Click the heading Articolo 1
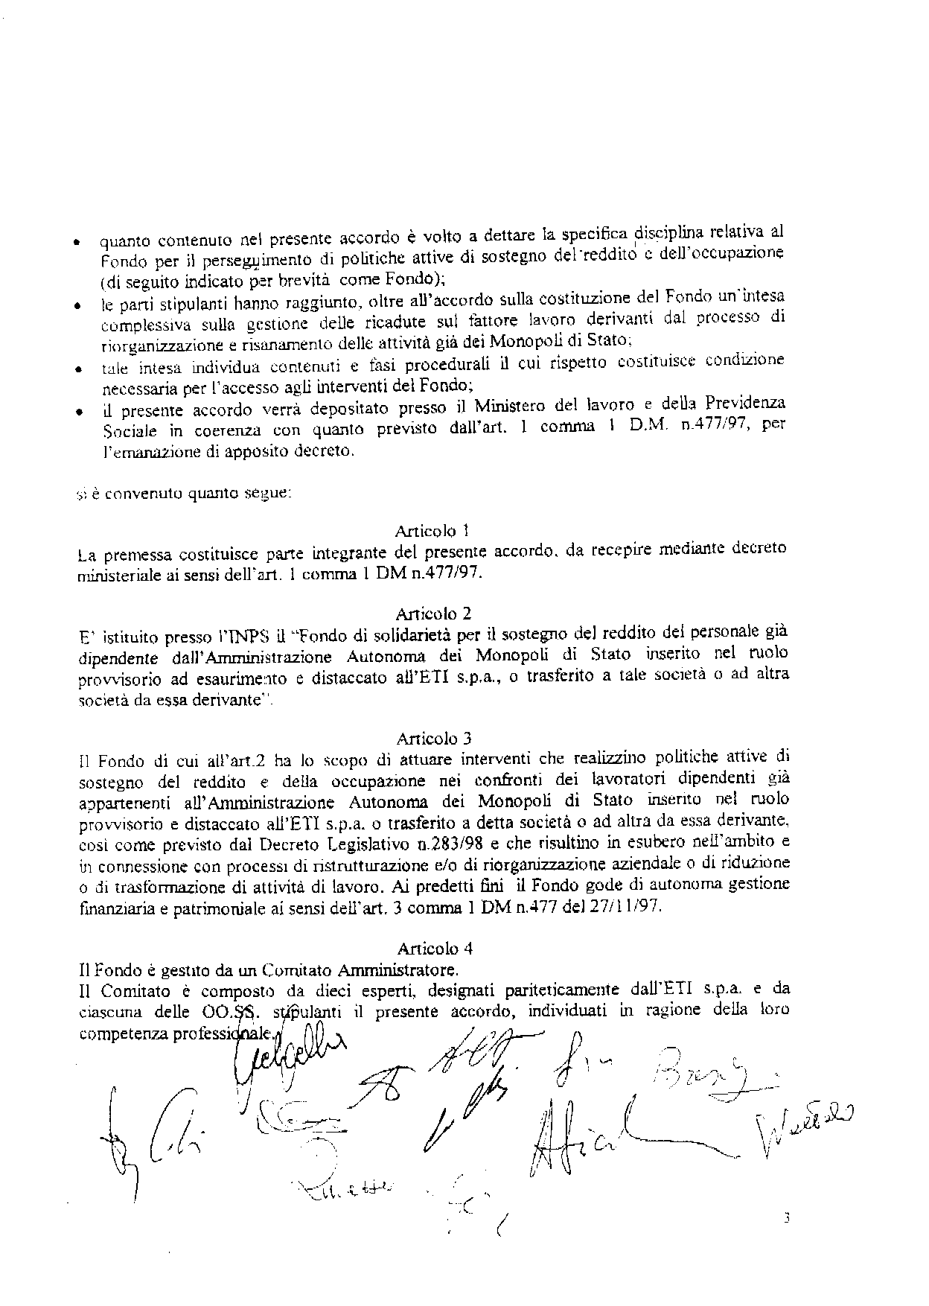[432, 531]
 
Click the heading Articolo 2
[433, 614]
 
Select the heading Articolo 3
[433, 739]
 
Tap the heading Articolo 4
[435, 948]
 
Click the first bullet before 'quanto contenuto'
[77, 243]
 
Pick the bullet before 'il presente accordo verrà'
[77, 411]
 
